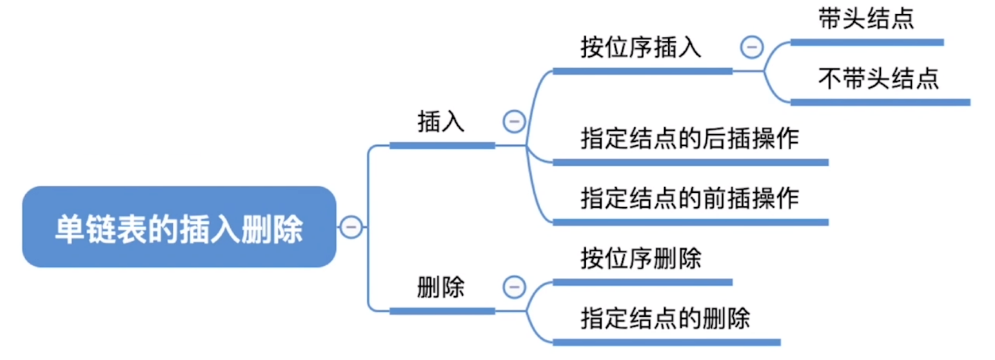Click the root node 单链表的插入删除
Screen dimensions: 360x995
179,227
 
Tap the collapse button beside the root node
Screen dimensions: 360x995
351,227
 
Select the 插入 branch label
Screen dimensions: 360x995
441,121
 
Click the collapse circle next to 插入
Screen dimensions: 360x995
514,121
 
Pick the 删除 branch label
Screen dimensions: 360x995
441,287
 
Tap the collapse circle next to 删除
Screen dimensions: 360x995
514,287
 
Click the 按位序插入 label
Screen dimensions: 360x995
640,48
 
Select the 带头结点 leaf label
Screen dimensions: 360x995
866,19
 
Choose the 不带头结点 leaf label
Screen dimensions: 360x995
878,79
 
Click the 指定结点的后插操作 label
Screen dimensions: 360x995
689,139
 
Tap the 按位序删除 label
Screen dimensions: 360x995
640,259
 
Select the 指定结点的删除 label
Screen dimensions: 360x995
665,318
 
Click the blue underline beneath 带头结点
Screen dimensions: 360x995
867,43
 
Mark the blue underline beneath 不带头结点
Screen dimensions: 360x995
880,102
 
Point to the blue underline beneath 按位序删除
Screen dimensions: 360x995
642,282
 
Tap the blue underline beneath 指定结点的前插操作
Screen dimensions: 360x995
690,222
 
